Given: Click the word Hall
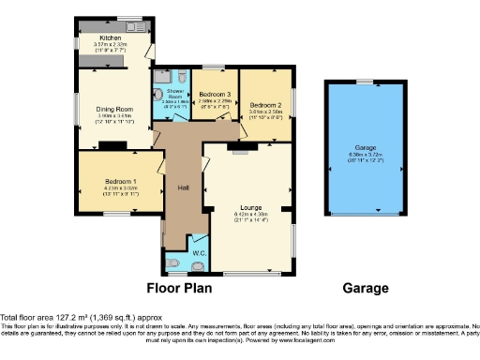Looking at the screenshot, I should pyautogui.click(x=185, y=188).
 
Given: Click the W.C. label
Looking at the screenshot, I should pyautogui.click(x=199, y=253).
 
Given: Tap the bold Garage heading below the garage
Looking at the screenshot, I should pyautogui.click(x=367, y=289).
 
